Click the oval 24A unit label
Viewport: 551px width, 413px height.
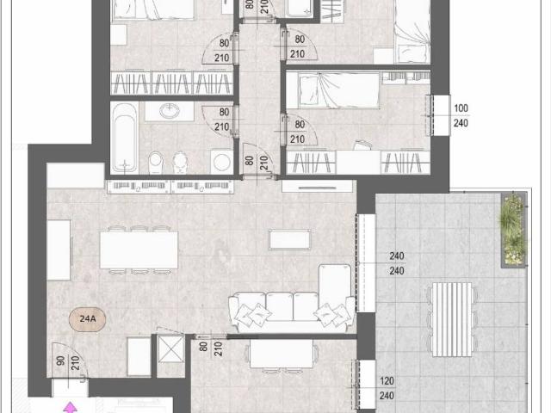pyautogui.click(x=87, y=319)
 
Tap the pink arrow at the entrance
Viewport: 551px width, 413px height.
pyautogui.click(x=71, y=407)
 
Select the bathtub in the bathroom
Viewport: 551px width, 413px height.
pyautogui.click(x=125, y=138)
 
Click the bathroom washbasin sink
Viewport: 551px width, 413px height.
pyautogui.click(x=170, y=111)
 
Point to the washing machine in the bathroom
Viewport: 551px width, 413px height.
pyautogui.click(x=222, y=162)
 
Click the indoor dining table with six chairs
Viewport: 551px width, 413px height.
pyautogui.click(x=139, y=250)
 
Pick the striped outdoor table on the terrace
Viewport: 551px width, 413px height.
pyautogui.click(x=452, y=319)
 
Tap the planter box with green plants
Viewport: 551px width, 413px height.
pyautogui.click(x=513, y=230)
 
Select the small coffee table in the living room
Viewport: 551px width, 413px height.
pyautogui.click(x=289, y=239)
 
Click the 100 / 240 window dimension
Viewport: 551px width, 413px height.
pyautogui.click(x=461, y=115)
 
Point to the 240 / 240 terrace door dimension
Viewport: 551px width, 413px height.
pyautogui.click(x=396, y=263)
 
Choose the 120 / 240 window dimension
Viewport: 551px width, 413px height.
pyautogui.click(x=387, y=388)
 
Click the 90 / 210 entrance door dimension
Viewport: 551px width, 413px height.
pyautogui.click(x=68, y=363)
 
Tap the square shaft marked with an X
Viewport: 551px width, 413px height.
pyautogui.click(x=170, y=349)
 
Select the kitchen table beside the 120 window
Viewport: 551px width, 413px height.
pyautogui.click(x=282, y=354)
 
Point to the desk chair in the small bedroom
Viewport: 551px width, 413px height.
pyautogui.click(x=362, y=145)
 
